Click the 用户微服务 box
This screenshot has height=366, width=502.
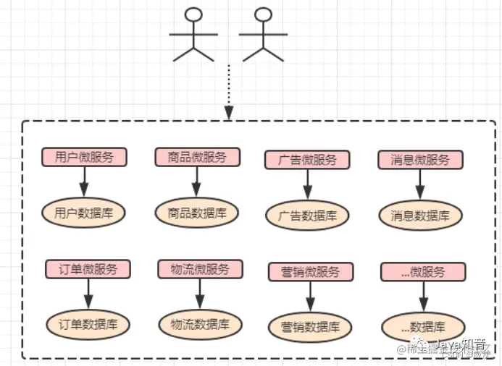tap(84, 158)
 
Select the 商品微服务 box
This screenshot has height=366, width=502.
tap(196, 158)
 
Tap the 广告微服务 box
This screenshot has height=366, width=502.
tap(307, 160)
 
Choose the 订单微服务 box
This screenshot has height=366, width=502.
tap(89, 270)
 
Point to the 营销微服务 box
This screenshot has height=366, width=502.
tap(311, 272)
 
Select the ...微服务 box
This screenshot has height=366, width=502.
tap(422, 272)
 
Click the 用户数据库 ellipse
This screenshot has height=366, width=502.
tap(84, 213)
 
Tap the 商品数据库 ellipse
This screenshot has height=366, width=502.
tap(196, 213)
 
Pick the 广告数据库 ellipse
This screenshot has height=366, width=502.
tap(307, 215)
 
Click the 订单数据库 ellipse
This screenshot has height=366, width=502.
tap(88, 324)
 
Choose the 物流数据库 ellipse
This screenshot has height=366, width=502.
tap(200, 324)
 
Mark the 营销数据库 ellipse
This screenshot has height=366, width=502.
tap(310, 326)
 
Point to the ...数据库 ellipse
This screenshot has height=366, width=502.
tap(423, 327)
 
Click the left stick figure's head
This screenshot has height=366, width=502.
tap(193, 14)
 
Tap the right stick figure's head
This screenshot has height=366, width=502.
tap(264, 14)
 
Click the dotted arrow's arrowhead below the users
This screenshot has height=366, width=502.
tap(229, 113)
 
